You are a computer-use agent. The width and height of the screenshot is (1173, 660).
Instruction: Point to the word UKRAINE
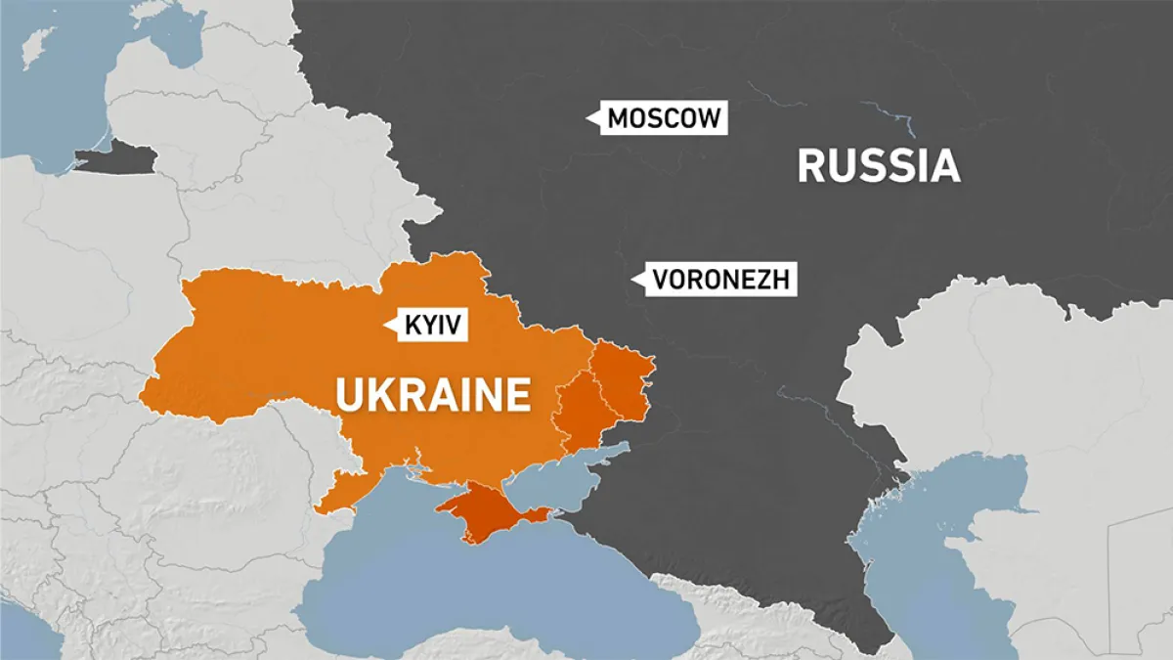(433, 395)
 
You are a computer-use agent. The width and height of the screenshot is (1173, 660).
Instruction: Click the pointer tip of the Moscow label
(586, 119)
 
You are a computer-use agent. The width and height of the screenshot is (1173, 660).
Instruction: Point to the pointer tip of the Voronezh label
(630, 281)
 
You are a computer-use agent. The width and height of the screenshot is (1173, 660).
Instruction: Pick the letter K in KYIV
(411, 325)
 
